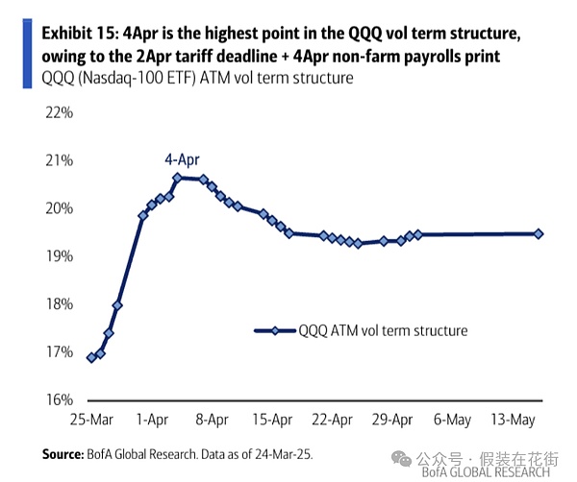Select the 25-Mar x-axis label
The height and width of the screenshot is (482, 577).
click(89, 420)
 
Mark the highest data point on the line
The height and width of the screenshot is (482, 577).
click(177, 178)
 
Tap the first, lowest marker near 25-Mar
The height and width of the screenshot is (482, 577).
click(91, 357)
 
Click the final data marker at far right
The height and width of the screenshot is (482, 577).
click(539, 233)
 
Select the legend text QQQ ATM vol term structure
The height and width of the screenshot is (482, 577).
click(382, 330)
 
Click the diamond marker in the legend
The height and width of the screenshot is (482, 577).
click(275, 330)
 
